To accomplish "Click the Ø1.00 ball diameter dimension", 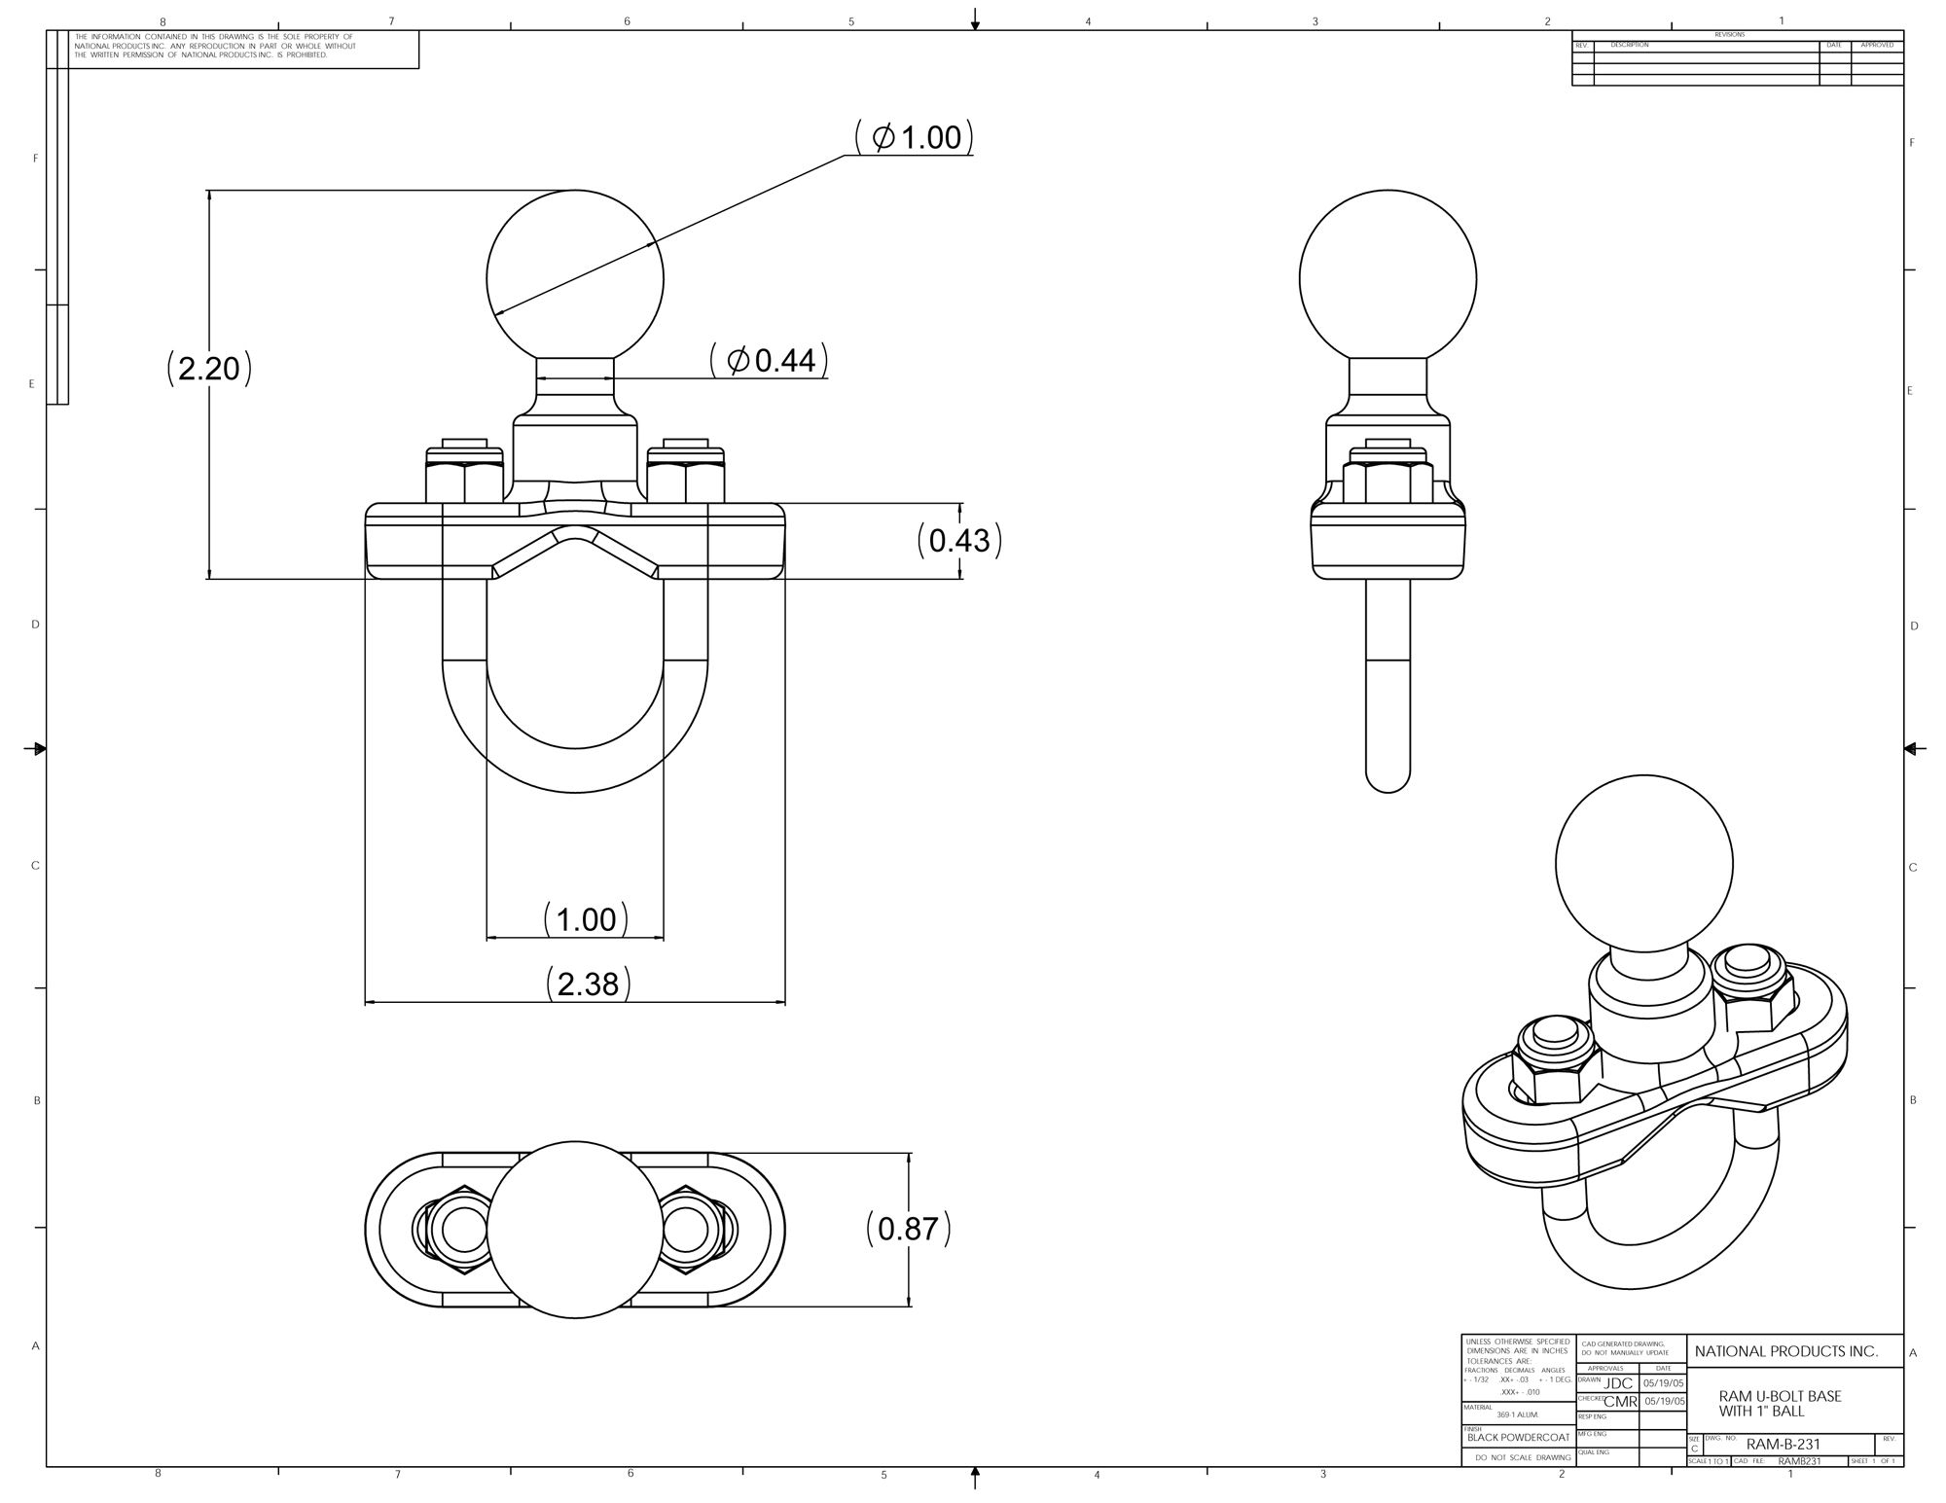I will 916,137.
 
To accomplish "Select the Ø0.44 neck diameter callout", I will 769,361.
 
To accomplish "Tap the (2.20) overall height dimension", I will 209,369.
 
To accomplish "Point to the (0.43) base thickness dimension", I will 959,540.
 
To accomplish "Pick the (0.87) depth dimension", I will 908,1229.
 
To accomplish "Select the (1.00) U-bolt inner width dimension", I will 585,919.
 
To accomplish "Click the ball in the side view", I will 1387,278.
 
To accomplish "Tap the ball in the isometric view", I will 1643,862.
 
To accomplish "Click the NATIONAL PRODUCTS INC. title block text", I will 1785,1351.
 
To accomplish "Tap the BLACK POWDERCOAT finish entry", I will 1518,1437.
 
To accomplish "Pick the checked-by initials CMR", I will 1619,1402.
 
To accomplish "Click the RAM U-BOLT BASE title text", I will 1780,1403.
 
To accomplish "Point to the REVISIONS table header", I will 1730,35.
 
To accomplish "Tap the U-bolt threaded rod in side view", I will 1387,681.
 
